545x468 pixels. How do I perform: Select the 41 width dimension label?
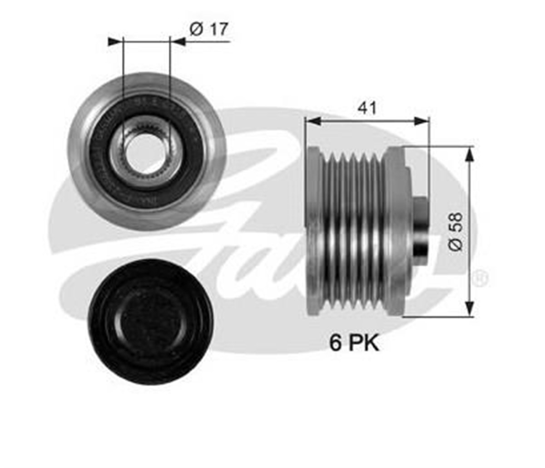(367, 107)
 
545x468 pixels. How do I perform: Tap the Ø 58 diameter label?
(456, 231)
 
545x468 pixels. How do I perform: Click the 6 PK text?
(354, 343)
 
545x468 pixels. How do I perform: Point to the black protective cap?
(150, 322)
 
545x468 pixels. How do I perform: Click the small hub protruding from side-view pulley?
(421, 227)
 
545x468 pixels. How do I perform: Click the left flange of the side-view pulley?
(313, 231)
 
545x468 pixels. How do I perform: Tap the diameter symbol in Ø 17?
(196, 29)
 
